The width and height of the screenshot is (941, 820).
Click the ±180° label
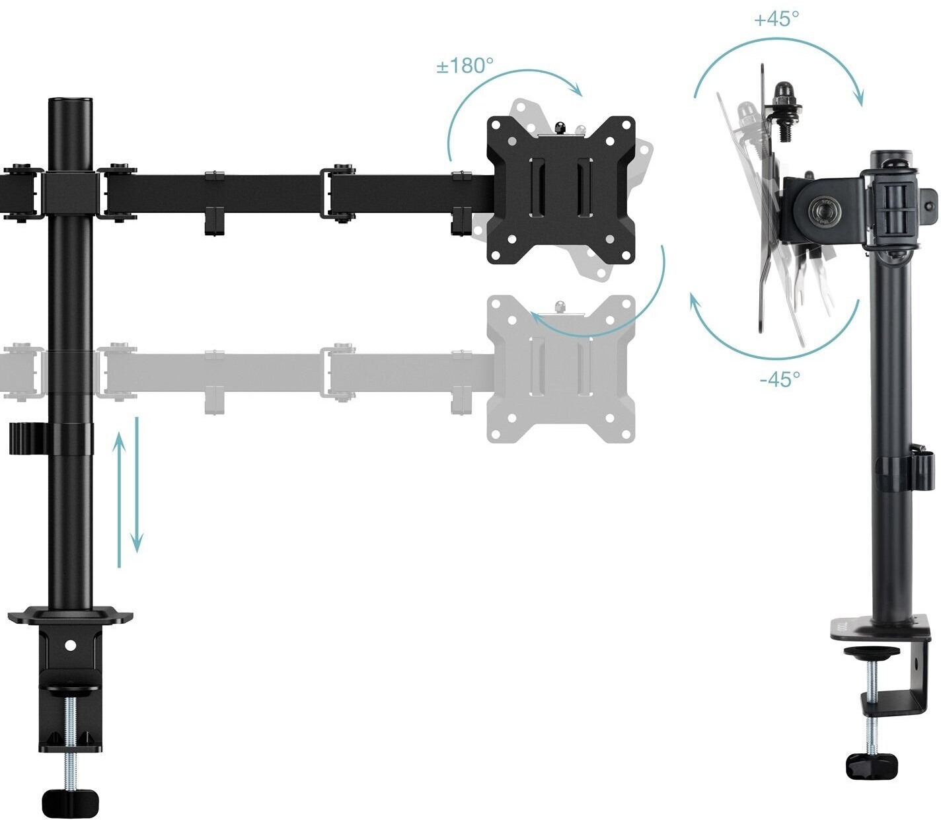tap(465, 66)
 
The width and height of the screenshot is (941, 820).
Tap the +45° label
tap(776, 19)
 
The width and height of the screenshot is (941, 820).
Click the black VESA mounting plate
tap(560, 190)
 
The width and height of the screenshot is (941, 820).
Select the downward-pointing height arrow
tap(137, 486)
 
